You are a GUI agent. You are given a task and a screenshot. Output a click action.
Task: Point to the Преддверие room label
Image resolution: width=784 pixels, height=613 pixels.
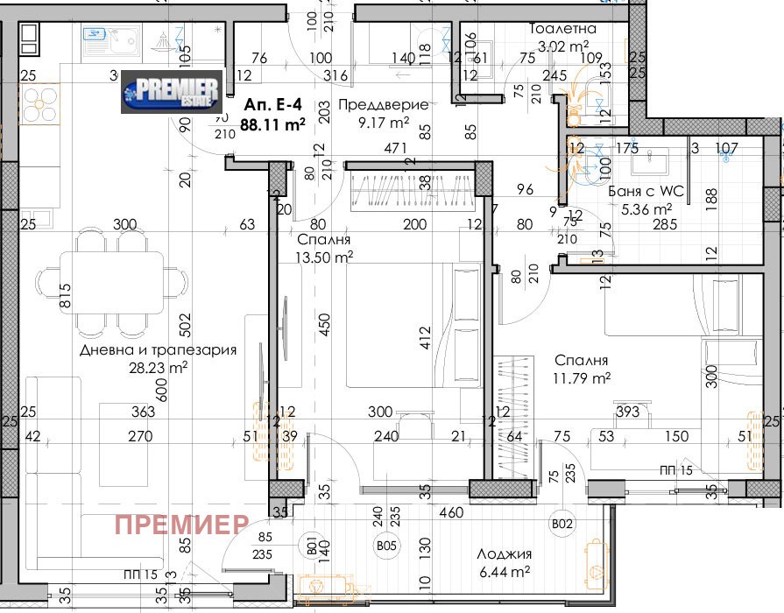click(x=384, y=104)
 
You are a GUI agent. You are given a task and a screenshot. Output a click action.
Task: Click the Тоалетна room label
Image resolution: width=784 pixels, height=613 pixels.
click(x=562, y=29)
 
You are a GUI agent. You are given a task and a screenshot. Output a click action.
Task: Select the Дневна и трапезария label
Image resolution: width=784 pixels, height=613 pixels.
click(x=159, y=350)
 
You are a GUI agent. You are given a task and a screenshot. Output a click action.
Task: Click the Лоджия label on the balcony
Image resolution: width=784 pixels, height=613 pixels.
click(x=505, y=553)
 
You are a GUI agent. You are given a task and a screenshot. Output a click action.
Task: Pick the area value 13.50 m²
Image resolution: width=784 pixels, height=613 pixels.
click(x=324, y=256)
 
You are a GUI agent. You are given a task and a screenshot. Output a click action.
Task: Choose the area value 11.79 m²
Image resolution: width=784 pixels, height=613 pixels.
click(x=582, y=378)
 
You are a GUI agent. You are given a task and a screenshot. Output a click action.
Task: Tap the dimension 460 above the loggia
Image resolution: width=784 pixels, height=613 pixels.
click(x=450, y=512)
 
